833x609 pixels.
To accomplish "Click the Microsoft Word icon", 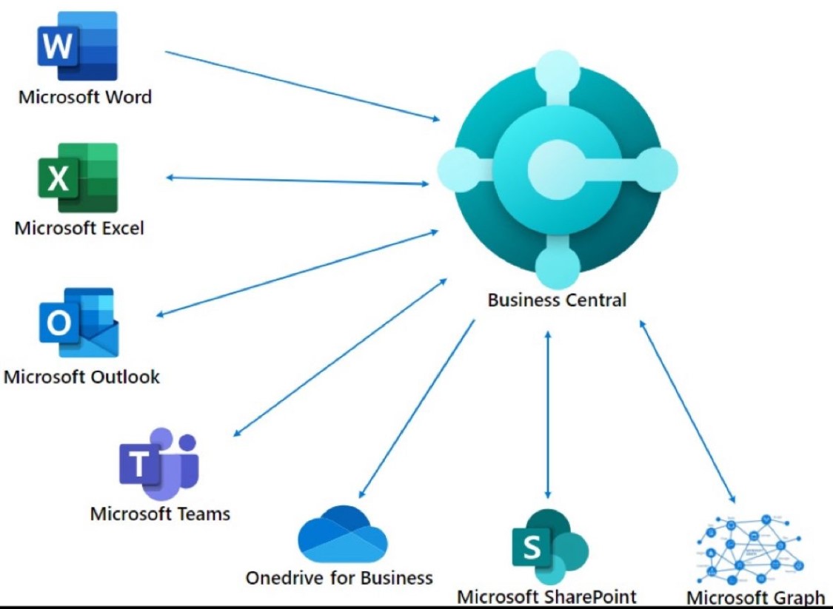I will point(77,46).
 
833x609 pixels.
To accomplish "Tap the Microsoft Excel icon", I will point(78,178).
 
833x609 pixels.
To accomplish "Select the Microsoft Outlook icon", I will point(78,323).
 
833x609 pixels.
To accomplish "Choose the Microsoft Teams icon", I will point(159,463).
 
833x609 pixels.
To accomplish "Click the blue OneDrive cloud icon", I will point(343,534).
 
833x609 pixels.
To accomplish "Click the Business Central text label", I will point(557,300).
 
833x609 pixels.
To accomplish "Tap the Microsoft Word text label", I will point(85,97).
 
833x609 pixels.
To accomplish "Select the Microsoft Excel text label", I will point(79,228).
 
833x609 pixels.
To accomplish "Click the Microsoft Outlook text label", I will point(81,376).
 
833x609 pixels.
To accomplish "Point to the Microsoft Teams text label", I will point(160,513).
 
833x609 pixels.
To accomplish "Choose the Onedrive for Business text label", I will point(339,577).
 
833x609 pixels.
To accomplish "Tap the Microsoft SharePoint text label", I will point(546,596).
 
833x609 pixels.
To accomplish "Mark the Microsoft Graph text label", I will point(755,597).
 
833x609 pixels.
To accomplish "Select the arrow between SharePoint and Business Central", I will point(548,414).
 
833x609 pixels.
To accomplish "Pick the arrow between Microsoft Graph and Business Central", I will point(687,411).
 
